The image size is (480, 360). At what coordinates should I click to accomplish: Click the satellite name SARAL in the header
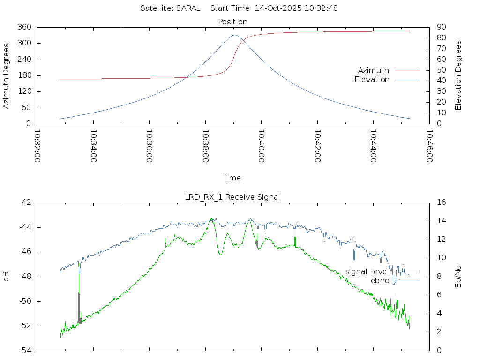(x=188, y=8)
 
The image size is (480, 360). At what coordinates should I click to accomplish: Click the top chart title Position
(x=233, y=22)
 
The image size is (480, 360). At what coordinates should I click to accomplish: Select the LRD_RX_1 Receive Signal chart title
(x=232, y=197)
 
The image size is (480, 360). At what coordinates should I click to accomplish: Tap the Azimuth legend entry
(x=374, y=71)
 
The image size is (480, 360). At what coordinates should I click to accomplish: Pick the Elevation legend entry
(x=372, y=80)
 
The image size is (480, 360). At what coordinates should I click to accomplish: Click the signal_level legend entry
(x=367, y=272)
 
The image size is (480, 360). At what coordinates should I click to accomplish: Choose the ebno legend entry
(x=380, y=281)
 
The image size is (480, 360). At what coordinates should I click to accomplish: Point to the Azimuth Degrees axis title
(x=7, y=75)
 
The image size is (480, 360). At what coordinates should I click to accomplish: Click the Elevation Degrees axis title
(x=459, y=75)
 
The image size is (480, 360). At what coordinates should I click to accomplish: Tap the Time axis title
(x=232, y=178)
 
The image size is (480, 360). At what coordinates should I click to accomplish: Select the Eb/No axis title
(x=459, y=276)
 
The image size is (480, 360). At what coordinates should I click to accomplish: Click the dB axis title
(x=7, y=276)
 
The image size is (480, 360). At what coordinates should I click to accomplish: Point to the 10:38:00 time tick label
(x=205, y=146)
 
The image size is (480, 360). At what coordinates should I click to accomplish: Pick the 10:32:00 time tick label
(x=37, y=146)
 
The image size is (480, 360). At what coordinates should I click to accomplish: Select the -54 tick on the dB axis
(x=24, y=350)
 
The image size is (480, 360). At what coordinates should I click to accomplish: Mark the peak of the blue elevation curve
(x=235, y=35)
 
